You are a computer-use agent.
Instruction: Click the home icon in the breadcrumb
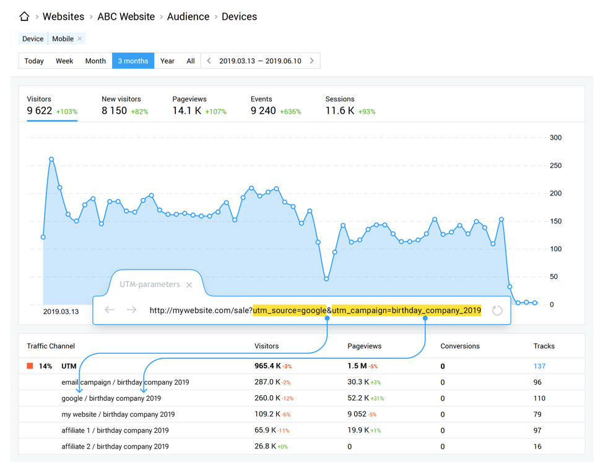24,17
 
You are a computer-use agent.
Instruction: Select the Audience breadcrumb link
188,17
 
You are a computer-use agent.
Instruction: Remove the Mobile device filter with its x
80,39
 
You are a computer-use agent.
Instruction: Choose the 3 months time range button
133,61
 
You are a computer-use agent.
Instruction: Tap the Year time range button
167,61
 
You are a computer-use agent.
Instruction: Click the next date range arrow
312,61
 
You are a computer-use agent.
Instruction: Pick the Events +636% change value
290,112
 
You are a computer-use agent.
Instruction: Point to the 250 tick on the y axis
555,166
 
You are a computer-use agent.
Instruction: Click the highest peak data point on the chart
51,160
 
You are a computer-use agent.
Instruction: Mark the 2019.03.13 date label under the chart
61,312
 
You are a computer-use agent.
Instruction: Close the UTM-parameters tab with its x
189,285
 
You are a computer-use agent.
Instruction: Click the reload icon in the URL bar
497,310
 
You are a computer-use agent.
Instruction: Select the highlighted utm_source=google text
289,310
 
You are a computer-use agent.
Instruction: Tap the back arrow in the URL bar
110,310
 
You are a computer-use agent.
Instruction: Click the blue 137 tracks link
539,366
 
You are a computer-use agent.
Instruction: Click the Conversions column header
459,346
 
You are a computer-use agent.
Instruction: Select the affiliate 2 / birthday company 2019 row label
115,447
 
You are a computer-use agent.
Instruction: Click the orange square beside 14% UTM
30,366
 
